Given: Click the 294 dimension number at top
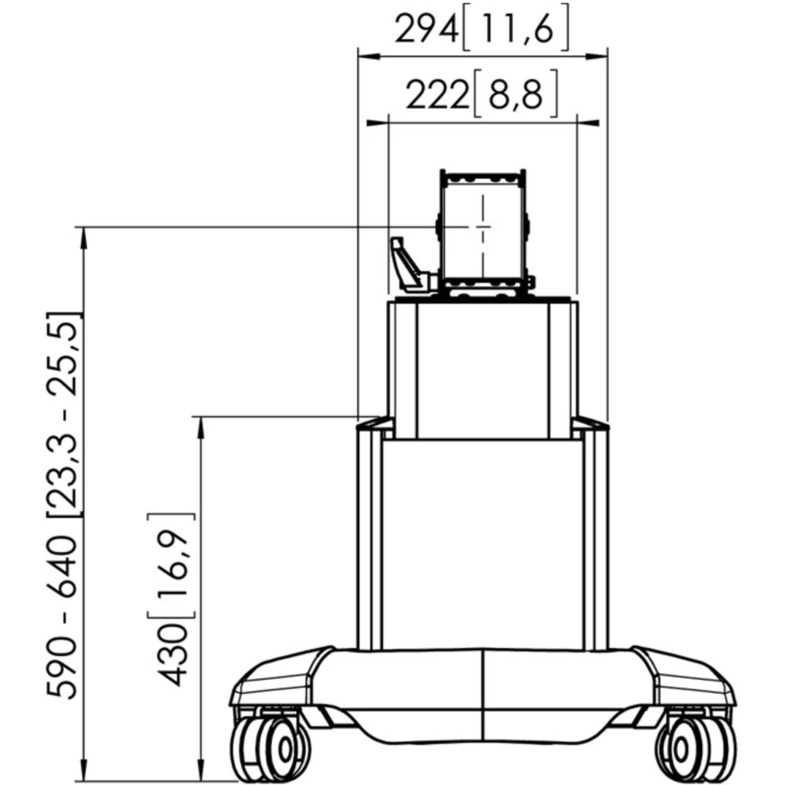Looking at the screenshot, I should pos(426,31).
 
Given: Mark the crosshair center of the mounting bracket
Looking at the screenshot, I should pos(483,227).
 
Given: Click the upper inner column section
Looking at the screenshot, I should pos(483,369).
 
